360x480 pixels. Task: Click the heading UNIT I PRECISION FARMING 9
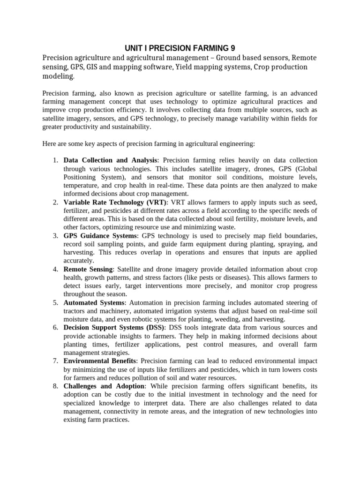click(180, 48)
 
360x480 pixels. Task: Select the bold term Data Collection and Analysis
click(111, 160)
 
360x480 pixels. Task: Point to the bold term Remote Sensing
click(88, 269)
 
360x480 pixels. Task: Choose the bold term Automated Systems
click(94, 302)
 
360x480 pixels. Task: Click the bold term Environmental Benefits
click(100, 361)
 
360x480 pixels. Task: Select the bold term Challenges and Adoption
click(105, 386)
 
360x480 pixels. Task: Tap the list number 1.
click(54, 160)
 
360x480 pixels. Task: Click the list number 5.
click(54, 302)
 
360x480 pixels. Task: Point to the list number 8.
click(54, 386)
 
